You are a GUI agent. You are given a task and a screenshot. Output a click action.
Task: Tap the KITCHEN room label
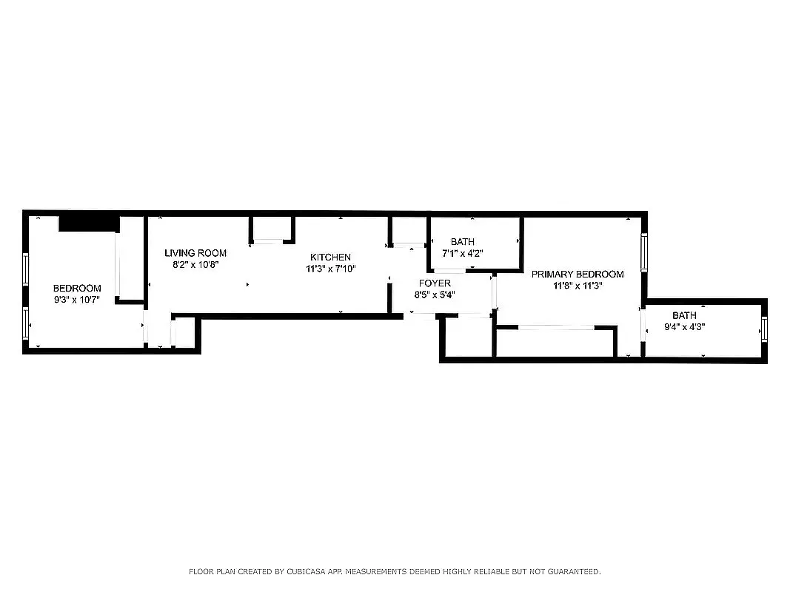point(330,257)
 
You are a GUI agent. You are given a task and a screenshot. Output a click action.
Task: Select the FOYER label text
point(435,283)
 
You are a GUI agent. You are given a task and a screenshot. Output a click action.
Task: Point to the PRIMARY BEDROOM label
point(578,274)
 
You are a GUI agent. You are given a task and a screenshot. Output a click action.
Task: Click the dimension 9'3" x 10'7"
point(77,300)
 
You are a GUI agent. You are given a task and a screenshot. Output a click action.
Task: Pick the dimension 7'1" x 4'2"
point(462,253)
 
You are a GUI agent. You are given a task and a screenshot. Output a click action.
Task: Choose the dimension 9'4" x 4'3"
point(684,327)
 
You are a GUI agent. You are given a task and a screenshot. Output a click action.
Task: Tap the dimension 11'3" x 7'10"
point(331,269)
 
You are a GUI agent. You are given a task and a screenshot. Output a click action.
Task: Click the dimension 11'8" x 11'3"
point(578,286)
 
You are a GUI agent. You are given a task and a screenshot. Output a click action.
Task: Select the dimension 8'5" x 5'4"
point(435,294)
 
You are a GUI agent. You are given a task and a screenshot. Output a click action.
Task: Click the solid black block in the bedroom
point(88,223)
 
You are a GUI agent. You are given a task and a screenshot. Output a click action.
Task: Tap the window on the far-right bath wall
point(766,328)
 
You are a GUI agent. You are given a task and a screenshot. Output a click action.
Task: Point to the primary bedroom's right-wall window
point(644,252)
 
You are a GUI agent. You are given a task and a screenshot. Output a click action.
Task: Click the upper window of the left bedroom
point(26,268)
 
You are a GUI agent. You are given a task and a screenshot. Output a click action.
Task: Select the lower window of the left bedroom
point(26,323)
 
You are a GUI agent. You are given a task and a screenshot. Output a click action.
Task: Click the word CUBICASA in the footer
point(295,571)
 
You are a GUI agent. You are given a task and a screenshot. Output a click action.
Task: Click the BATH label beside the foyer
point(463,242)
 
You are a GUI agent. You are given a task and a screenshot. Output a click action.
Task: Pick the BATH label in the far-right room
point(684,316)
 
